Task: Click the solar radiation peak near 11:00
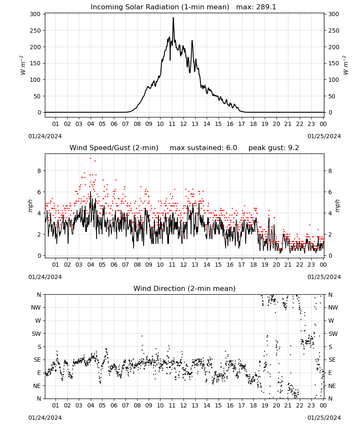(x=173, y=18)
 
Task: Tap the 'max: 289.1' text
(x=256, y=7)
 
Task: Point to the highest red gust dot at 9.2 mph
(x=91, y=159)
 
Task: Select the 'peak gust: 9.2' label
(x=274, y=148)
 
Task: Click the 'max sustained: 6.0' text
(x=203, y=148)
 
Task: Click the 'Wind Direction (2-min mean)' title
(x=185, y=288)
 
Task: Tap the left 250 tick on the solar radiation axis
(x=35, y=31)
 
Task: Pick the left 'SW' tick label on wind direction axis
(x=36, y=334)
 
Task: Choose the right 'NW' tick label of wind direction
(x=333, y=307)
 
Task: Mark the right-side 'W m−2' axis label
(x=346, y=65)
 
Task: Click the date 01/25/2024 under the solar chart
(x=324, y=136)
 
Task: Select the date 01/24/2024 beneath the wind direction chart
(x=45, y=418)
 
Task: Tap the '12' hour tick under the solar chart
(x=183, y=124)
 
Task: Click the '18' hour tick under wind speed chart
(x=253, y=265)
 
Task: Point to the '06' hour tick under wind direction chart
(x=114, y=405)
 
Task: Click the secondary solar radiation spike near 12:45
(x=192, y=41)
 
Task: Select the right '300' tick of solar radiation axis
(x=334, y=14)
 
